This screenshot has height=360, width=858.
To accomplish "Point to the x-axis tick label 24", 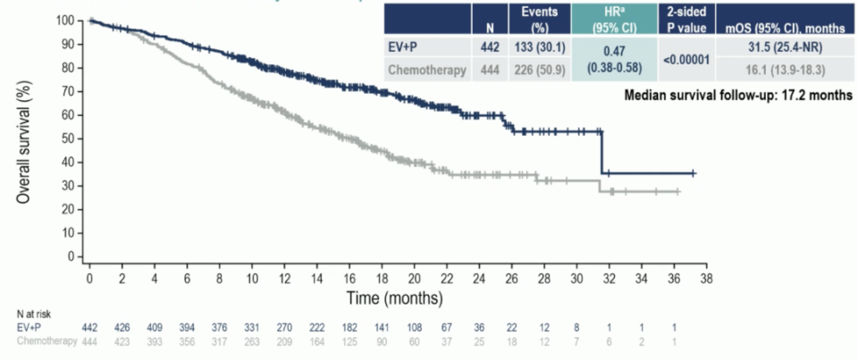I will (x=479, y=280).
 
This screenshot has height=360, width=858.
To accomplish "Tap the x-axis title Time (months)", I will (x=394, y=296).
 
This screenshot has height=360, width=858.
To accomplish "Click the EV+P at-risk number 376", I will (x=220, y=328).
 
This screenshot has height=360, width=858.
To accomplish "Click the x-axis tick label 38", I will (x=706, y=280).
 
